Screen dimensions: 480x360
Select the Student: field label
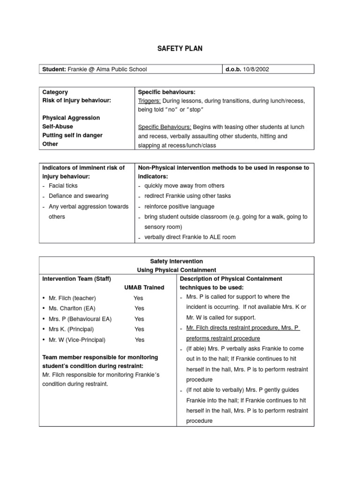point(54,69)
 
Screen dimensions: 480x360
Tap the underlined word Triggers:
point(150,101)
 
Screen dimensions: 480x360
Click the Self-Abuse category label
point(58,127)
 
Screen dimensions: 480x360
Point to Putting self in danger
point(72,135)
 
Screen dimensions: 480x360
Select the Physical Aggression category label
point(71,118)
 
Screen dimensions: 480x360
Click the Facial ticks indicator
point(63,186)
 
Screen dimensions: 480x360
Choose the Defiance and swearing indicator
point(78,196)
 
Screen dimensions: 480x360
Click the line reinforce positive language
point(179,206)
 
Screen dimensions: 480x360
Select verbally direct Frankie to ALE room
point(190,237)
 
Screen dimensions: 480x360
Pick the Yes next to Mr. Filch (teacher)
point(138,298)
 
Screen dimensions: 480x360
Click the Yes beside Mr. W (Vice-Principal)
point(140,340)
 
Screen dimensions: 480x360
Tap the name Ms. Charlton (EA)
point(71,308)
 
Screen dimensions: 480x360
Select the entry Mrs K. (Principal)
point(71,329)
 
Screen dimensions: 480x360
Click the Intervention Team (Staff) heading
point(76,279)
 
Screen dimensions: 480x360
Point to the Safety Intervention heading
point(176,261)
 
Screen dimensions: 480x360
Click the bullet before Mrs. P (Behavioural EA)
point(44,319)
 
